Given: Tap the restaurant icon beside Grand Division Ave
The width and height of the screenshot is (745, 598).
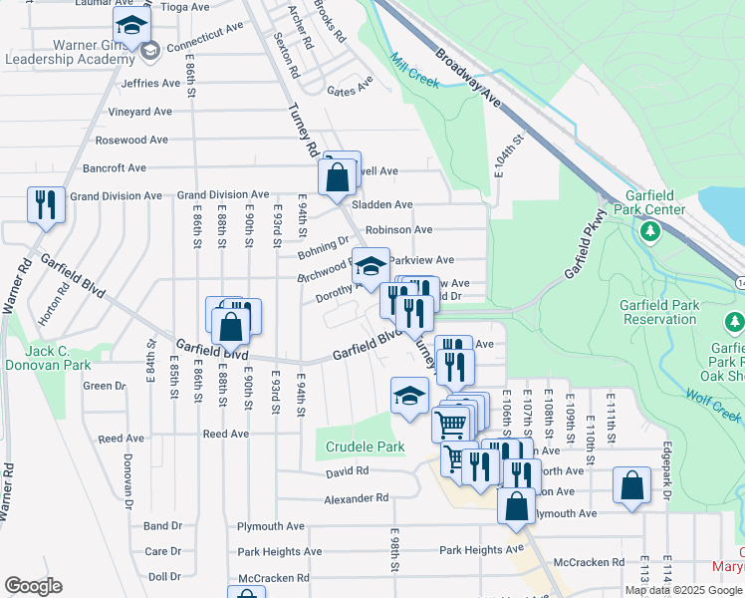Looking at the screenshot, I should (x=46, y=205).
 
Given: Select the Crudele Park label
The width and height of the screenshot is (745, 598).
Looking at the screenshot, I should (x=361, y=447).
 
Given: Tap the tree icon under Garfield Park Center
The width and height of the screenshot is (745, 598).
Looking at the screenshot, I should (x=650, y=231).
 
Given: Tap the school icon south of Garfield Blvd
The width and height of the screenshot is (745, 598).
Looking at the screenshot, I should (x=409, y=397).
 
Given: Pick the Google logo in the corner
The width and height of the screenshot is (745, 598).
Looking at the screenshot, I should (x=33, y=586).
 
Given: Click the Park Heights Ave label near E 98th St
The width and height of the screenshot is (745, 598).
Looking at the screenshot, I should (x=481, y=549).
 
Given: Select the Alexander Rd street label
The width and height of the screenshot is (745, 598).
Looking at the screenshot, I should (x=356, y=497).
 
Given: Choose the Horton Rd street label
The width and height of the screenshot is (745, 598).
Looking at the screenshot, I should (x=64, y=300).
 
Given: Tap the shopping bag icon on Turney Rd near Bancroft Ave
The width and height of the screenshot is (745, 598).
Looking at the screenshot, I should (x=338, y=177).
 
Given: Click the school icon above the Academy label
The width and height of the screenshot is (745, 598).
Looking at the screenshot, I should (x=130, y=25).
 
